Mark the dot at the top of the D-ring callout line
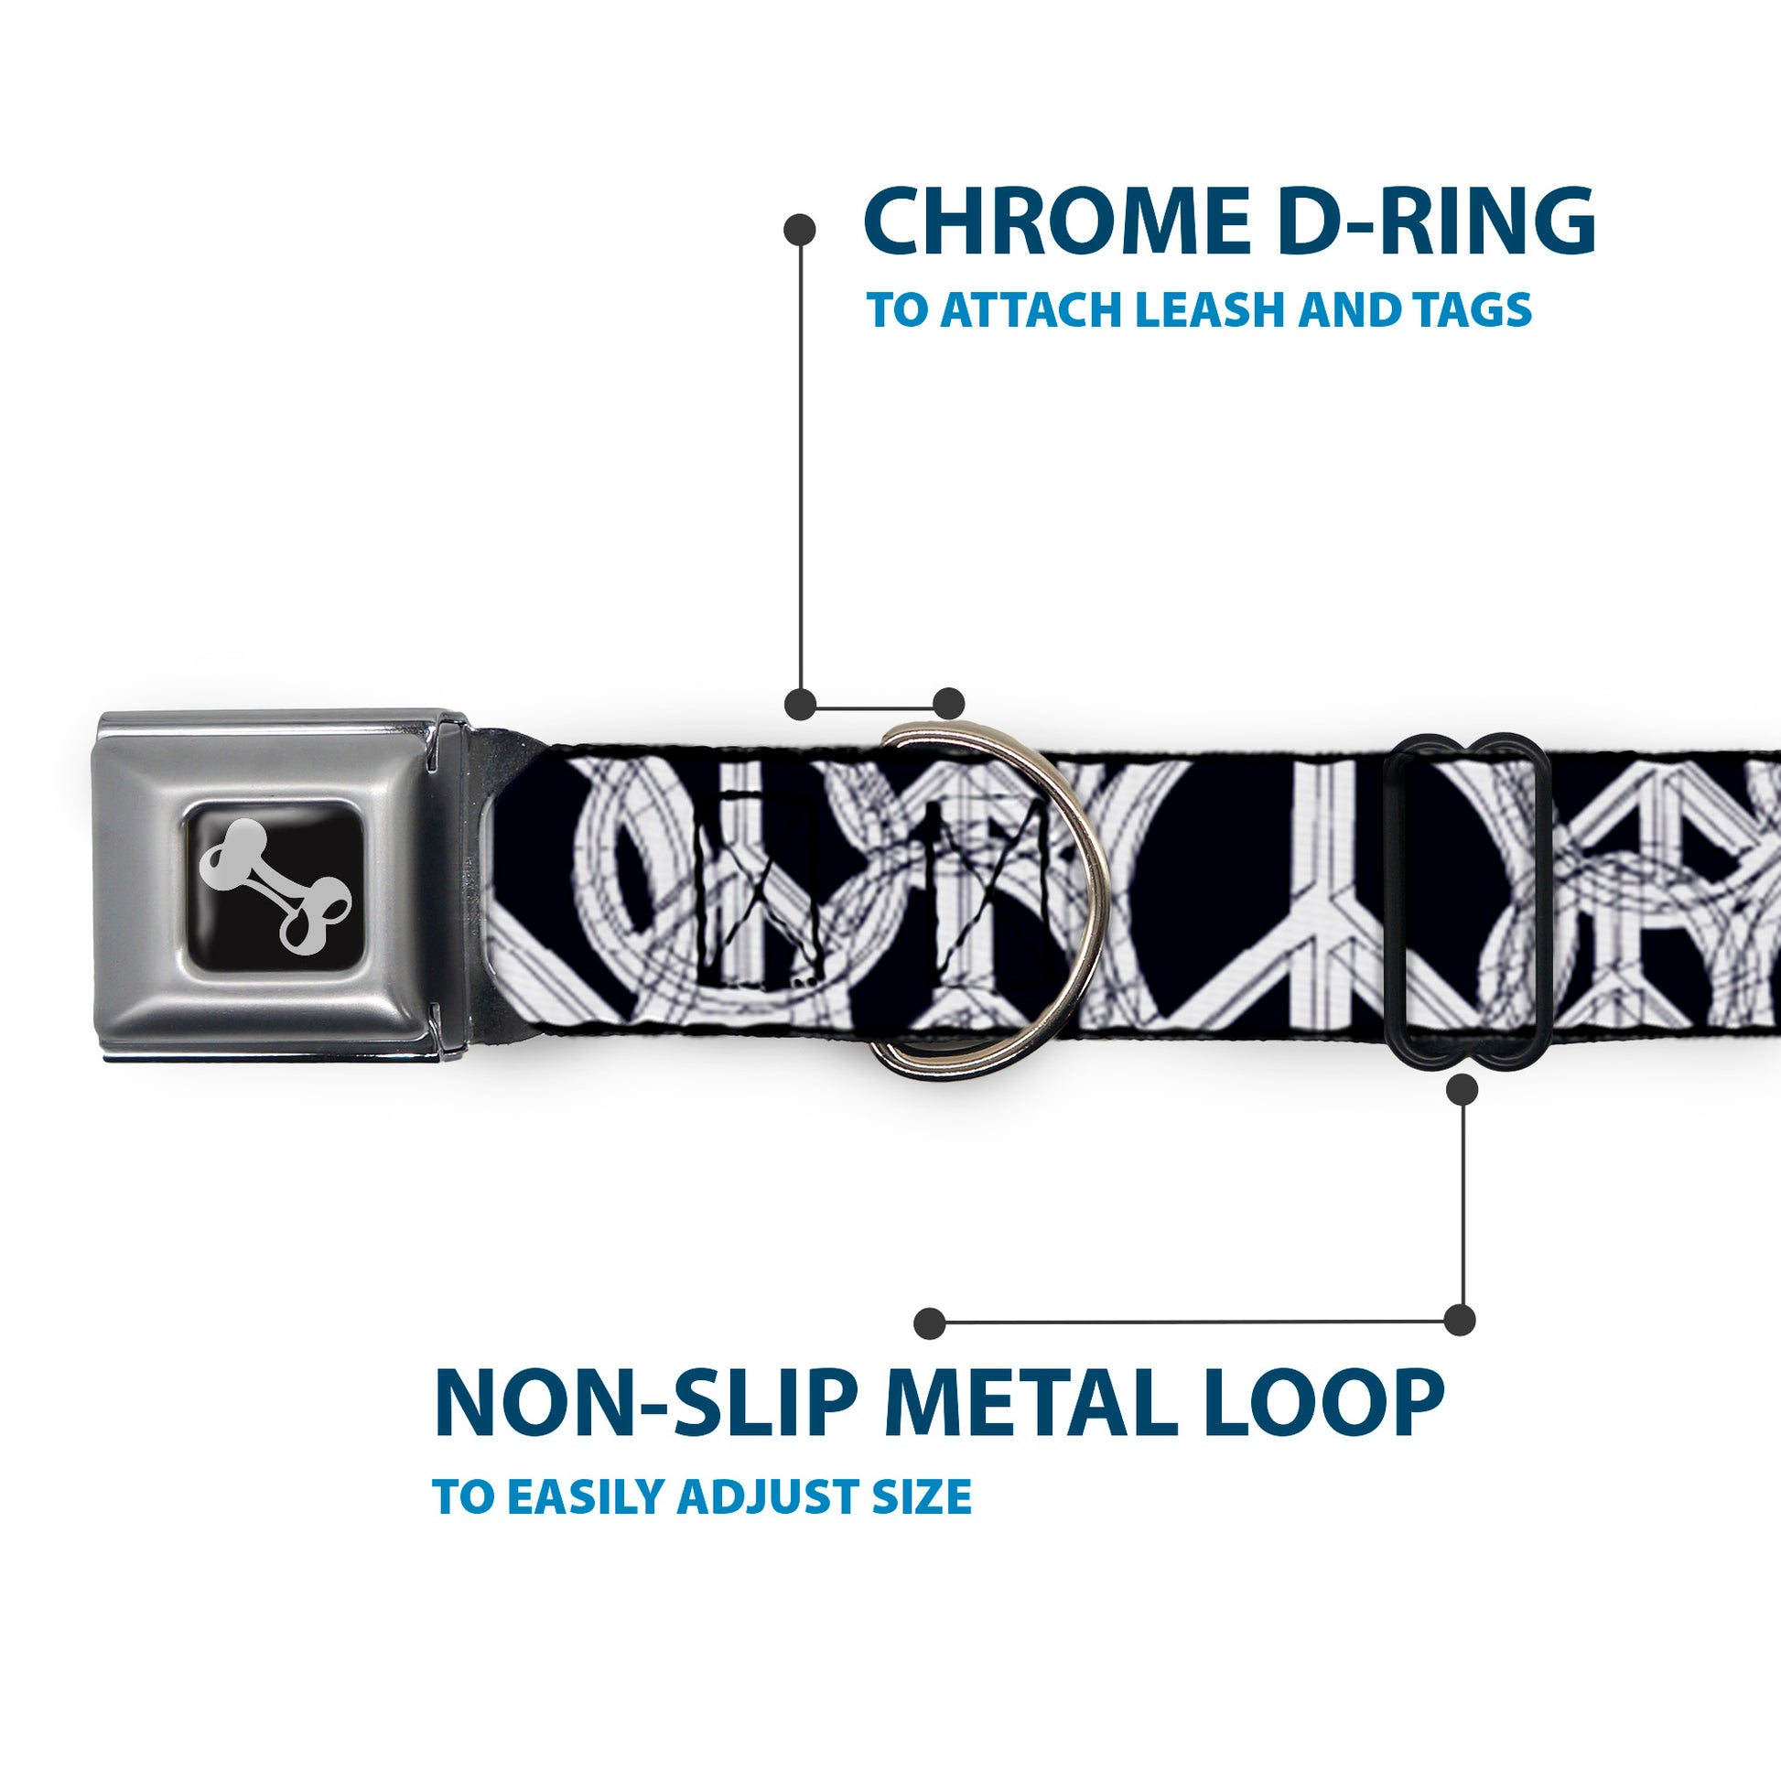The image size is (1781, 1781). pos(799,230)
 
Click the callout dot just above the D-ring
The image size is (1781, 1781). pos(948,704)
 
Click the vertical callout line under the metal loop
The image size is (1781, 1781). pos(1463,1207)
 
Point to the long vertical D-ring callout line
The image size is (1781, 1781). pos(800,461)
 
